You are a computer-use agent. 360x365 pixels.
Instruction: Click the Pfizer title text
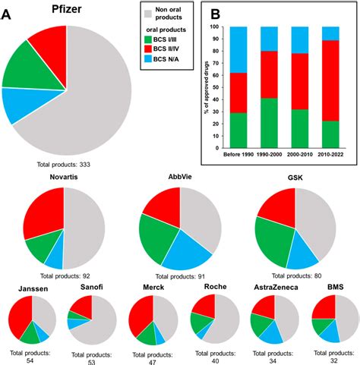(x=55, y=11)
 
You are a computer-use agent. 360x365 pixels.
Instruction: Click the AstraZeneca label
(x=276, y=288)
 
